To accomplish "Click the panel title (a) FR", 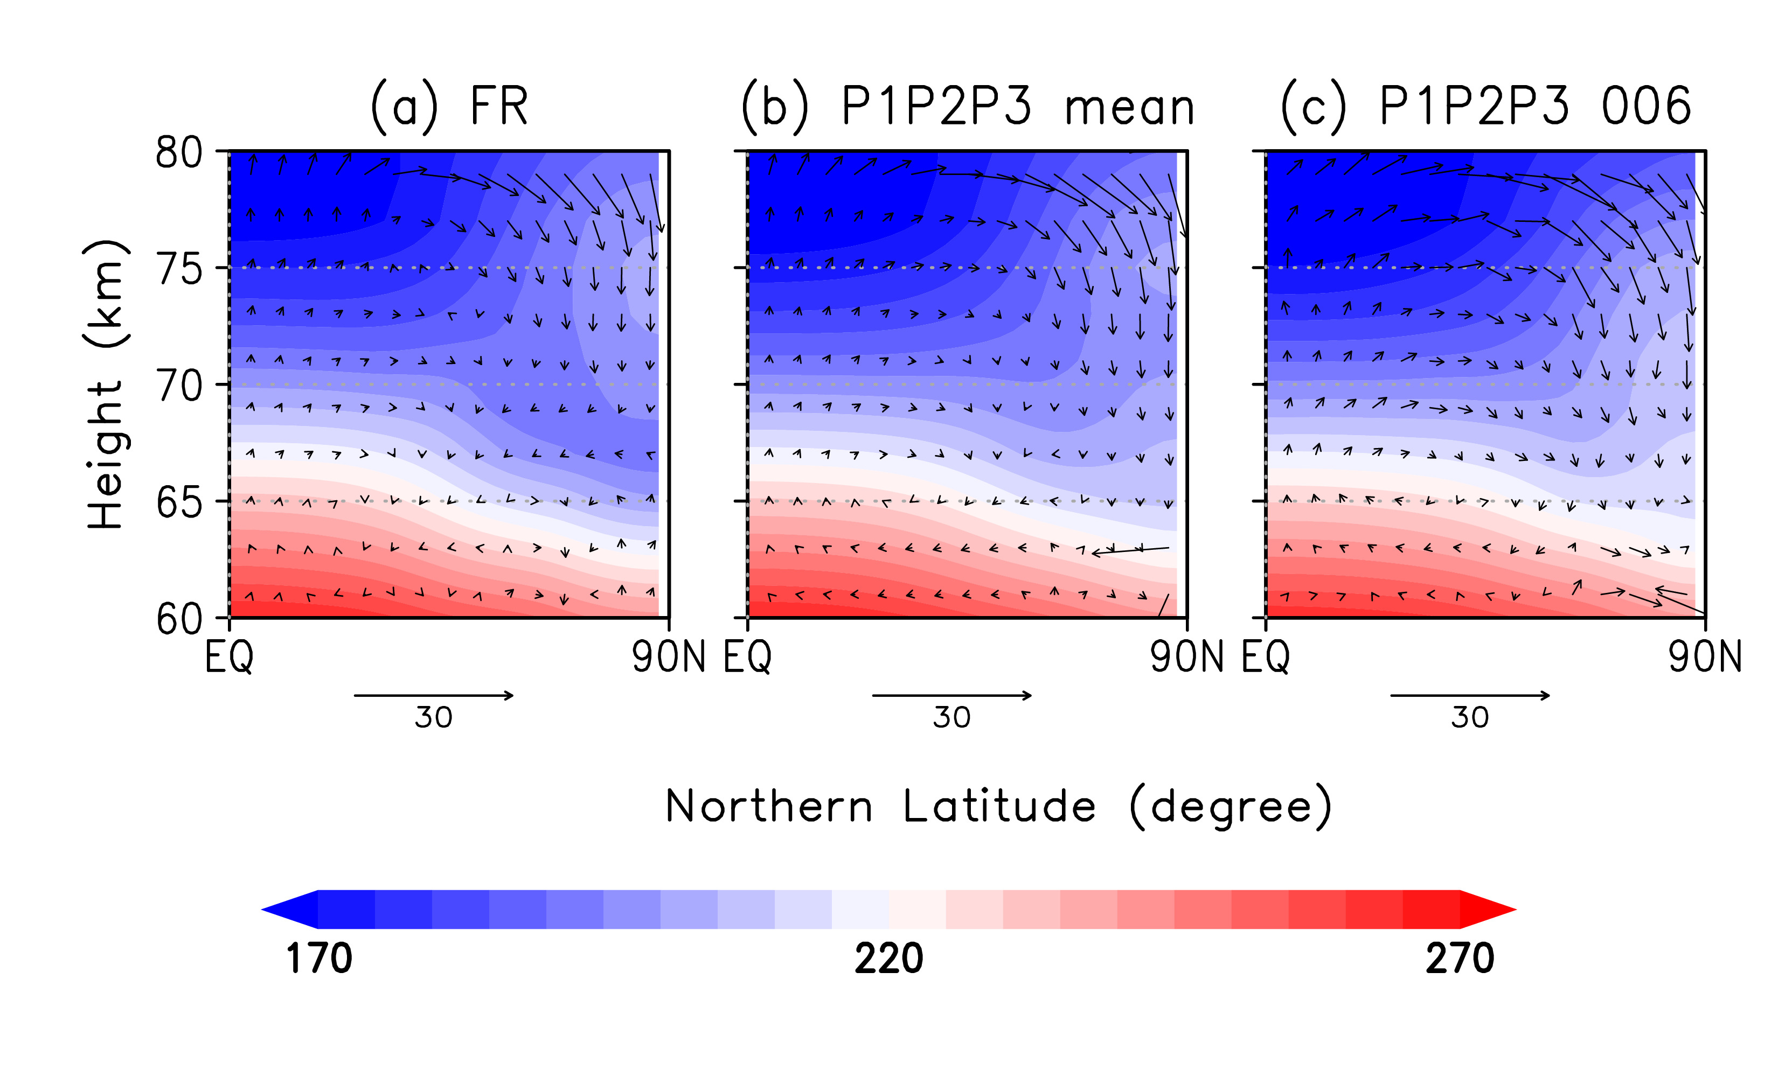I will tap(449, 107).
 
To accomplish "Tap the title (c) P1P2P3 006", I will tap(1485, 107).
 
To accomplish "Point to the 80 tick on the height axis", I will tap(178, 153).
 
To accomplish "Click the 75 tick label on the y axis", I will tap(178, 270).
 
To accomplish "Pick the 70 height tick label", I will tap(178, 387).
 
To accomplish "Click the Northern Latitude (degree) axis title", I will tap(998, 807).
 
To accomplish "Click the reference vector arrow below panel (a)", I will tap(434, 695).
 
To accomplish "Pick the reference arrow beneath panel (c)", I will tap(1470, 695).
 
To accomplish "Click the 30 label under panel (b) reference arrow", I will tap(952, 718).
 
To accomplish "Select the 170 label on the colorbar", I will tap(319, 959).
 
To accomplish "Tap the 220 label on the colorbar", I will tap(888, 959).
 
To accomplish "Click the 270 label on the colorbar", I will tap(1459, 959).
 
